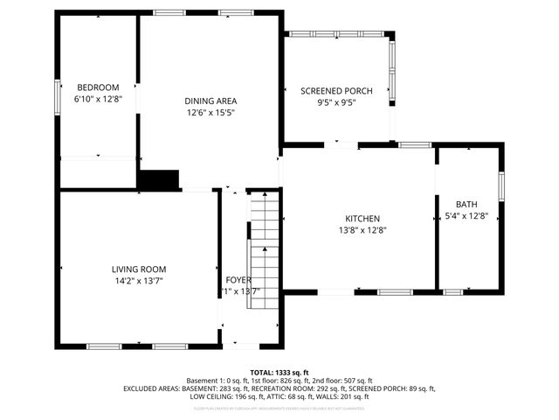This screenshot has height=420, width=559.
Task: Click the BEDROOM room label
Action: pyautogui.click(x=98, y=87)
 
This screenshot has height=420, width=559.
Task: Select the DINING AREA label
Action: pyautogui.click(x=210, y=101)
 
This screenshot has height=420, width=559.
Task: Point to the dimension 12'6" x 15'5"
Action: pyautogui.click(x=210, y=112)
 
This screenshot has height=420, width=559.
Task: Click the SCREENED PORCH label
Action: pyautogui.click(x=337, y=91)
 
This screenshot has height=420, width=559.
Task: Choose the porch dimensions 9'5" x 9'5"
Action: pyautogui.click(x=337, y=102)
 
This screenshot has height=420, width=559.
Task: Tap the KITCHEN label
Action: pyautogui.click(x=362, y=219)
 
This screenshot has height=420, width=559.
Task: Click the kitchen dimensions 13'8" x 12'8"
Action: pyautogui.click(x=362, y=230)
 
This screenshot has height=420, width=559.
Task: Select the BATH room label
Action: pyautogui.click(x=466, y=204)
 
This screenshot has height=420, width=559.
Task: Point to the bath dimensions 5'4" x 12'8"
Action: pyautogui.click(x=466, y=215)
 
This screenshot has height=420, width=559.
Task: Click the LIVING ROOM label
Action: pyautogui.click(x=138, y=269)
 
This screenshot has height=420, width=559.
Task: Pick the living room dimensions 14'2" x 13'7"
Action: pyautogui.click(x=138, y=280)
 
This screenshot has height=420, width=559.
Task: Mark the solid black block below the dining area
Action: pyautogui.click(x=159, y=180)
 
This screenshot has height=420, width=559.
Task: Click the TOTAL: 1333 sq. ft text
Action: pyautogui.click(x=279, y=373)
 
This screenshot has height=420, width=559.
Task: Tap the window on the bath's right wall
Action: pyautogui.click(x=501, y=185)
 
